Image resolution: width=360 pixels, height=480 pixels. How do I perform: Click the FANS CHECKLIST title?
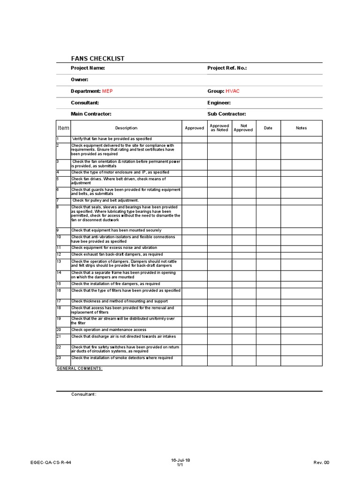pos(97,59)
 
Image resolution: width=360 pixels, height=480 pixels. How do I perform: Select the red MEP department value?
pos(108,91)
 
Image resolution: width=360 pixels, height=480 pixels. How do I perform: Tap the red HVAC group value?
pos(232,91)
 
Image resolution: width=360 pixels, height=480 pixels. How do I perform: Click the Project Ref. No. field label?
pos(227,68)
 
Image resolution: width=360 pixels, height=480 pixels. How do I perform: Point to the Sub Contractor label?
pos(226,114)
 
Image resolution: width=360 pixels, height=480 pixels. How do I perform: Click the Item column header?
pos(63,128)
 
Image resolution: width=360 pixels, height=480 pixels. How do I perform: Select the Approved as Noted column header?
pos(219,128)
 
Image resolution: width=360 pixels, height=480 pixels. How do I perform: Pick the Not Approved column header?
pos(244,128)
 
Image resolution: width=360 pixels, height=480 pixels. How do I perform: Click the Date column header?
pos(268,128)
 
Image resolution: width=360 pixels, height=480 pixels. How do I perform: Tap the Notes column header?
pos(301,128)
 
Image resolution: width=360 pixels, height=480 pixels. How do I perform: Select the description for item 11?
pos(114,247)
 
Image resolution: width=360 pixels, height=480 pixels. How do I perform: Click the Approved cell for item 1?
pos(194,139)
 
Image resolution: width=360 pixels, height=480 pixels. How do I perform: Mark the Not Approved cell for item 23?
pos(244,360)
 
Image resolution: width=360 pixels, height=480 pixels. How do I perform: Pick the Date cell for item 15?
pos(268,284)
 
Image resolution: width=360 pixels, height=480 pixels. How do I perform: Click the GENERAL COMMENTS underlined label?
pos(80,369)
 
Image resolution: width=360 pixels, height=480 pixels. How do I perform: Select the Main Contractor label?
pos(91,114)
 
